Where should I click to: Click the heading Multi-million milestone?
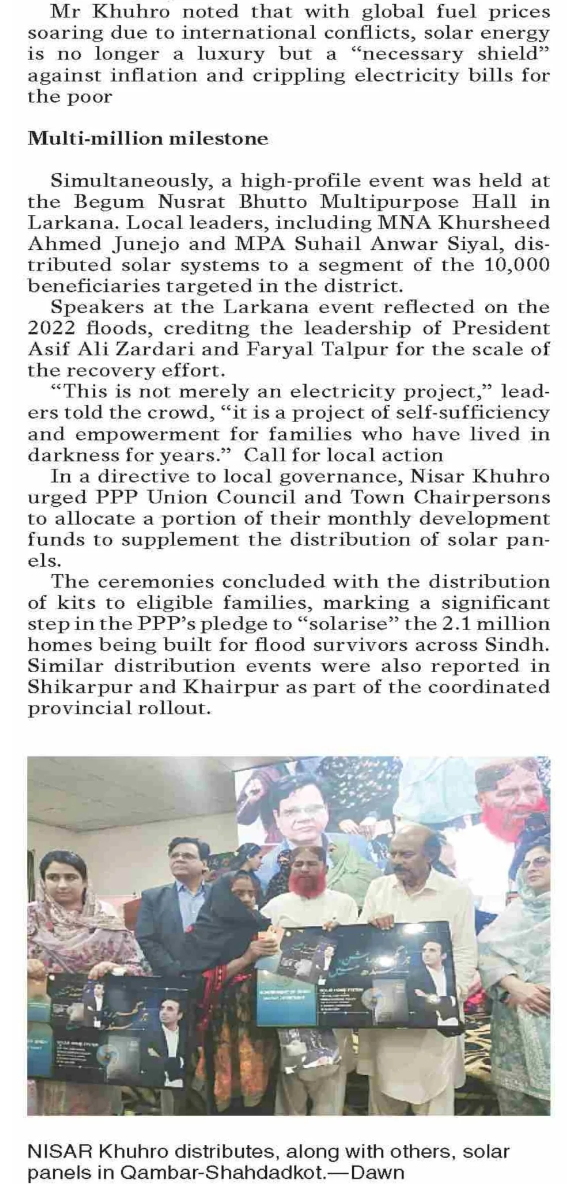pyautogui.click(x=148, y=139)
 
